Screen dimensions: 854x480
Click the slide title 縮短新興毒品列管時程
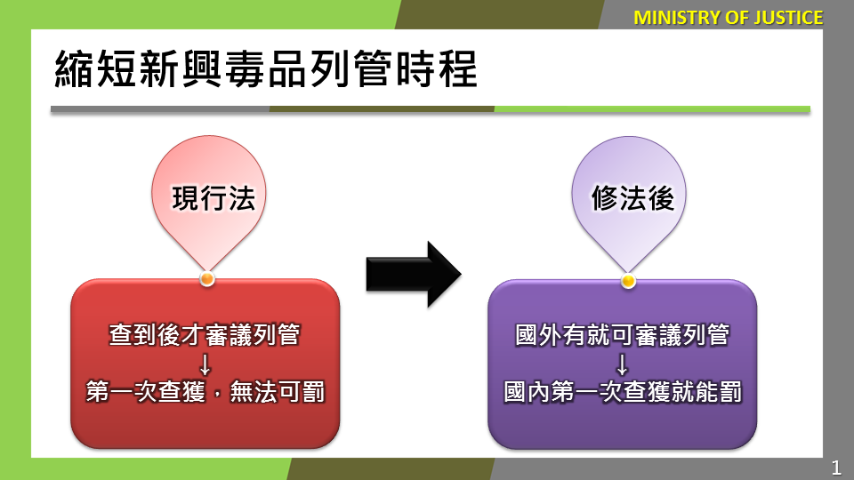(266, 69)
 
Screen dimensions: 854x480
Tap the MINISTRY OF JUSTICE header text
(729, 18)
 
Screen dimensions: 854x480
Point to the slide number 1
(836, 468)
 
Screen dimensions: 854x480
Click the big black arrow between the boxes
(414, 275)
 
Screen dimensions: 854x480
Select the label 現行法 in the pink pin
(213, 198)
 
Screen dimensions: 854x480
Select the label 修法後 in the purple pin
(632, 198)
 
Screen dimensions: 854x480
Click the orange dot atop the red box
(207, 279)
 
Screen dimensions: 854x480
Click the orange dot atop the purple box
(628, 281)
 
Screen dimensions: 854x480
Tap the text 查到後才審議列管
(205, 335)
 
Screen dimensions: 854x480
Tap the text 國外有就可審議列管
(622, 335)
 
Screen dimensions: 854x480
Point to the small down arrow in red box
(205, 364)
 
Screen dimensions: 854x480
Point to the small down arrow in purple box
(622, 364)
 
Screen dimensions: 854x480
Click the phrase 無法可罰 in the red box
(278, 392)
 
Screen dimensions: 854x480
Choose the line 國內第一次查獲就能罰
(623, 392)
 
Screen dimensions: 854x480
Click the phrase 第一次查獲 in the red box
(145, 392)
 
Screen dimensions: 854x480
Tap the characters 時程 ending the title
(436, 69)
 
